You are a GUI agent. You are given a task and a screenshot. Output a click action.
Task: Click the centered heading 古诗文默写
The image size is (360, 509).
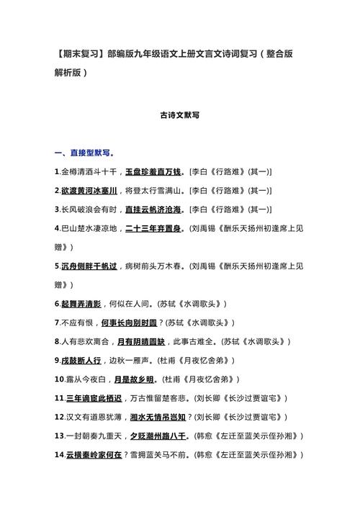179,114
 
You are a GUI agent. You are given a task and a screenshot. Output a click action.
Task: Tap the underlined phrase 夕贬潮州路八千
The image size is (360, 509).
160,435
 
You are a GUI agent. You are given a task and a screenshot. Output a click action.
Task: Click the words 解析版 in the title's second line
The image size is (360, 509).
71,72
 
